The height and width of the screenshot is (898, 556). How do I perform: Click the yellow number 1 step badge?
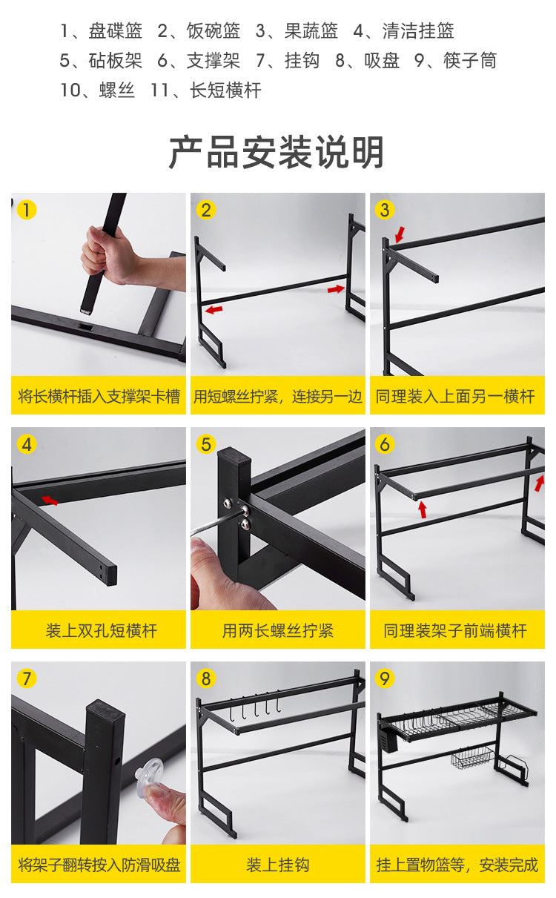click(x=26, y=210)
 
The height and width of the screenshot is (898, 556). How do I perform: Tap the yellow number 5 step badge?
click(x=206, y=445)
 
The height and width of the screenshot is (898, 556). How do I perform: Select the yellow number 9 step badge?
click(x=385, y=679)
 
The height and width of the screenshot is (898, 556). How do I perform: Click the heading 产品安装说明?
click(x=277, y=153)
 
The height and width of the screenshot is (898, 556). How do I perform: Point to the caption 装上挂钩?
click(x=278, y=865)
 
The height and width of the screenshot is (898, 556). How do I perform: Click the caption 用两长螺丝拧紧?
click(x=278, y=630)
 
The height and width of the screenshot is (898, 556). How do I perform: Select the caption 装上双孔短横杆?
click(x=102, y=630)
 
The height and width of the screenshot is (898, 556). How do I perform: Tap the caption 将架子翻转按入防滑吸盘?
click(x=99, y=865)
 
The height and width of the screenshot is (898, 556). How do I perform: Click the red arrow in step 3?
click(x=400, y=234)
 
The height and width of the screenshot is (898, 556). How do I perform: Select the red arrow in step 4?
click(x=49, y=501)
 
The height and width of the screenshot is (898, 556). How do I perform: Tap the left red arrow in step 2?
click(x=214, y=309)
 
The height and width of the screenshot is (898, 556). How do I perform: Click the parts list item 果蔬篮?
click(x=297, y=31)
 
